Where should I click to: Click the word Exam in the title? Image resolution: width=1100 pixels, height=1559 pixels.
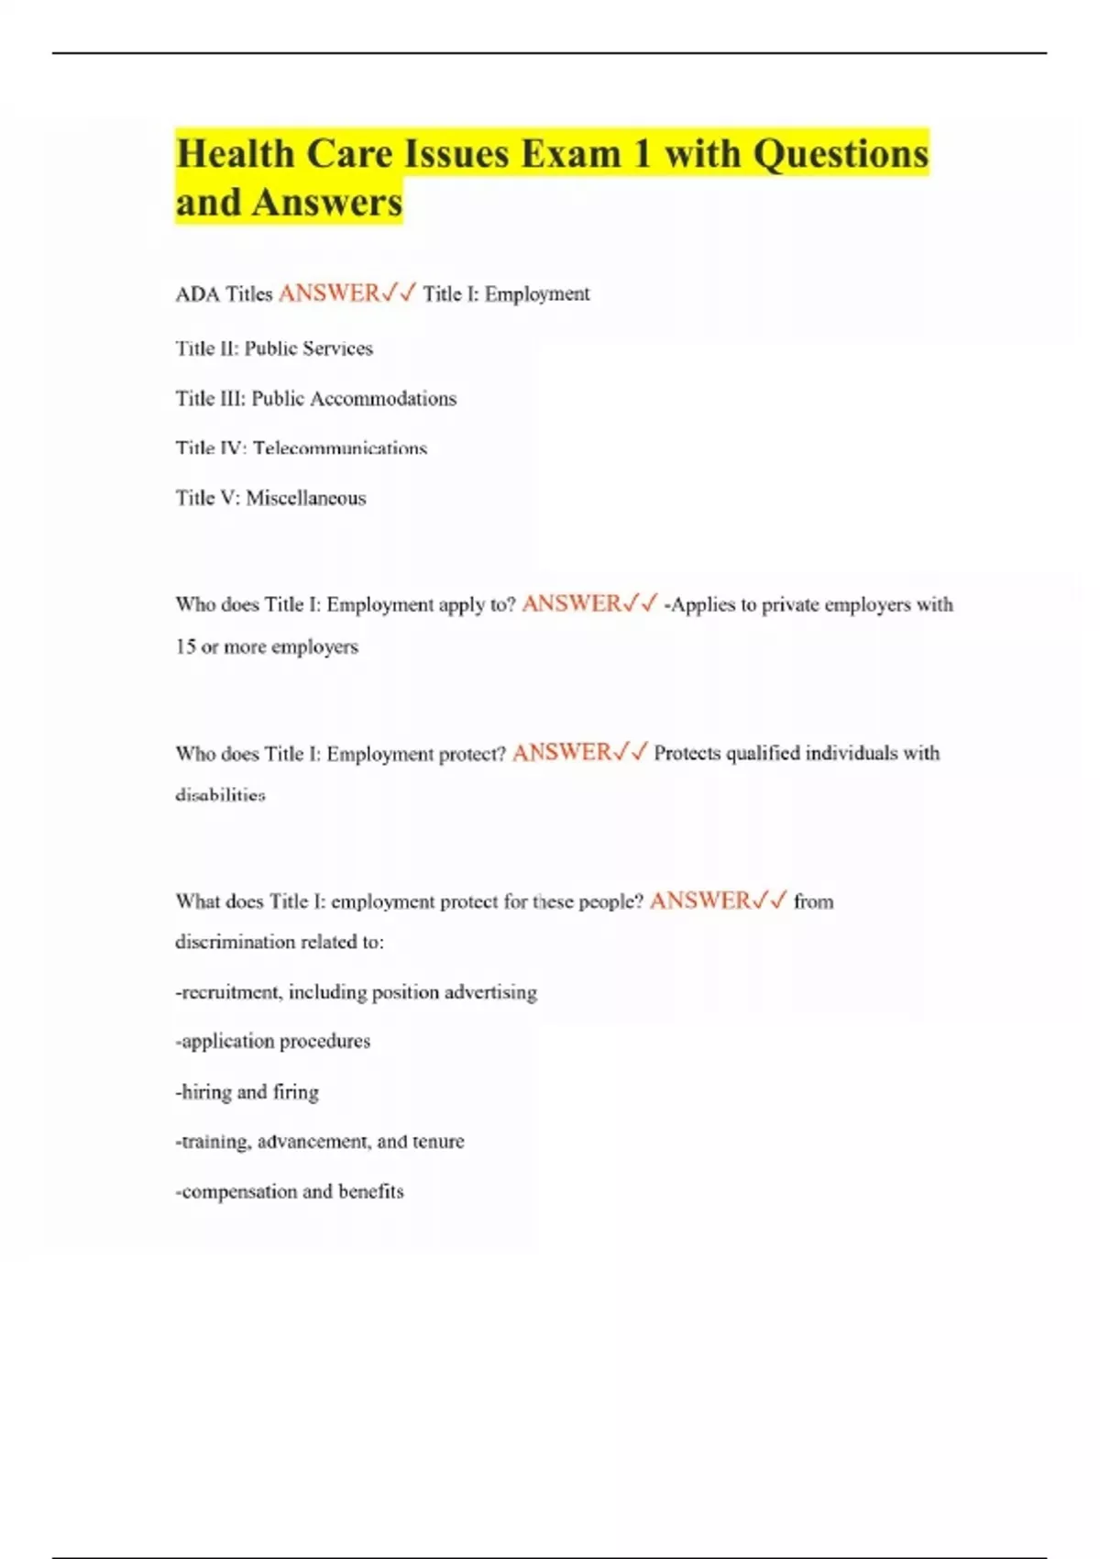coord(571,154)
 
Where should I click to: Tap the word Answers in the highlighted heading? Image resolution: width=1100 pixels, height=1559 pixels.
coord(327,203)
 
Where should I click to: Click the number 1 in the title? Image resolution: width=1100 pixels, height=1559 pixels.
coord(642,154)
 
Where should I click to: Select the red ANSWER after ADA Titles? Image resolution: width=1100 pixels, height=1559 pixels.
coord(328,293)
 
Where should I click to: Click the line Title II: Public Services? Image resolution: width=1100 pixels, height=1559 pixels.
coord(274,348)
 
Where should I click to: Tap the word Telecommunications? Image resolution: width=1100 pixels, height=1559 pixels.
coord(340,448)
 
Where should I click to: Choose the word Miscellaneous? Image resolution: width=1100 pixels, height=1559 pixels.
coord(305,498)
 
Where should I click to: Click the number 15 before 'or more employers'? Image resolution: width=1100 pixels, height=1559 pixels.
coord(185,647)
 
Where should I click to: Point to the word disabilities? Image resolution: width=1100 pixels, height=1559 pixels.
coord(220,795)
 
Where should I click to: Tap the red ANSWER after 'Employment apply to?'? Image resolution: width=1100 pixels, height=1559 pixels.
coord(571,603)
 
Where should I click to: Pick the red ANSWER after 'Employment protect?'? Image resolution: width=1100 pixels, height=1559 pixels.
coord(561,753)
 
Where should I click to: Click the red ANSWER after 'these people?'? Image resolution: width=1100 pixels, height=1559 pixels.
coord(699,901)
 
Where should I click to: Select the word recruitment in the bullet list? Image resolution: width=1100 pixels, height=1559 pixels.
coord(232,992)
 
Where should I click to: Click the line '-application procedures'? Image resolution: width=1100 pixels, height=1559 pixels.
coord(273,1042)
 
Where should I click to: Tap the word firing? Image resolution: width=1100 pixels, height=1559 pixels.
coord(295,1092)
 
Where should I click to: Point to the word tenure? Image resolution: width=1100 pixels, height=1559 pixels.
coord(438,1142)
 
